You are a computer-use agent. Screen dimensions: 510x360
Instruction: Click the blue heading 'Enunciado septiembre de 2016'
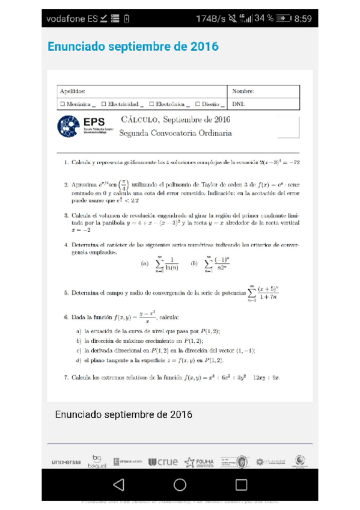(133, 46)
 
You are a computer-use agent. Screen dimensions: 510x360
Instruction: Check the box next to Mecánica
(63, 104)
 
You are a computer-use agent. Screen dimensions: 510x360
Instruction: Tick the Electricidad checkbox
(103, 104)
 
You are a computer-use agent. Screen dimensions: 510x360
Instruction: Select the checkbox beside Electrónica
(151, 104)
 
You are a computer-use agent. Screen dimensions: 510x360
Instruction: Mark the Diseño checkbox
(197, 104)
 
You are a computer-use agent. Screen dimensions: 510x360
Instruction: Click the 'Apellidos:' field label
(73, 91)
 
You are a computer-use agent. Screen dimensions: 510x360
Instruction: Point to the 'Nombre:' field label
(243, 91)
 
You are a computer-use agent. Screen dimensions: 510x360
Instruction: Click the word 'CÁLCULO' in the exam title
(139, 120)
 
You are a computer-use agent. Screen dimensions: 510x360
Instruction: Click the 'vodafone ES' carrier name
(72, 19)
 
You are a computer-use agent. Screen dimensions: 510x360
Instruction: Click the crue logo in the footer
(163, 462)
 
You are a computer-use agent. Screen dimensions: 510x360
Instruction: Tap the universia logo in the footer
(66, 462)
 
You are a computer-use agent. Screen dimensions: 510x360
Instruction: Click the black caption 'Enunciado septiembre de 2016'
(123, 414)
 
